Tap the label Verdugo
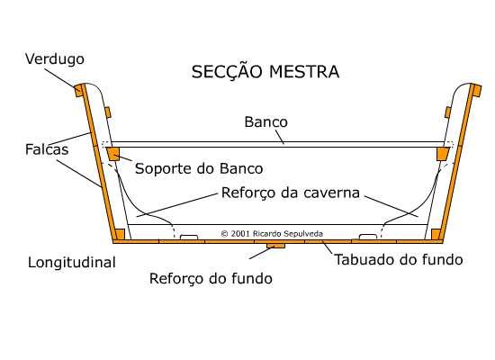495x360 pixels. (55, 59)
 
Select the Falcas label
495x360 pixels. (47, 149)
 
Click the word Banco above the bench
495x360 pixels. (265, 121)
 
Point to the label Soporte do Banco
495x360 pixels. (199, 168)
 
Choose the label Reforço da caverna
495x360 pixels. (291, 193)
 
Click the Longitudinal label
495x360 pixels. (72, 263)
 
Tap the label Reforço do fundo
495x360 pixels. (211, 278)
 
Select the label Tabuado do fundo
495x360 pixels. (399, 259)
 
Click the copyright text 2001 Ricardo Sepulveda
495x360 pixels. (272, 234)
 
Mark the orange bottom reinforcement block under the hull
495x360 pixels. (276, 246)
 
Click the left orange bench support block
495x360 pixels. (113, 154)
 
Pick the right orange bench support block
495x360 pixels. (443, 154)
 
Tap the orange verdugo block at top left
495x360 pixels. (78, 91)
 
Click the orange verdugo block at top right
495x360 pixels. (477, 91)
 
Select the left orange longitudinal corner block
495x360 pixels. (120, 234)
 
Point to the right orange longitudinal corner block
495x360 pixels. (436, 234)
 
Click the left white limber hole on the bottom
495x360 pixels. (189, 237)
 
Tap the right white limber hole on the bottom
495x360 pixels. (368, 237)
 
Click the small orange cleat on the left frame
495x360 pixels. (107, 112)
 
